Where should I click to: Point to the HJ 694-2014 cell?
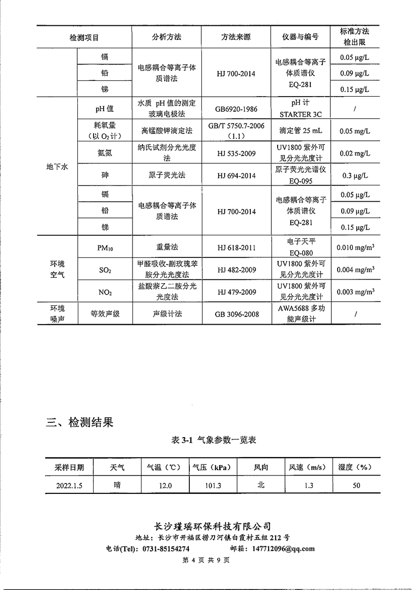tap(236, 175)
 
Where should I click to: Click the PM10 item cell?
tap(105, 247)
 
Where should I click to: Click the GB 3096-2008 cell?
tap(236, 314)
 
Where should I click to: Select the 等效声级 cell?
tap(105, 314)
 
